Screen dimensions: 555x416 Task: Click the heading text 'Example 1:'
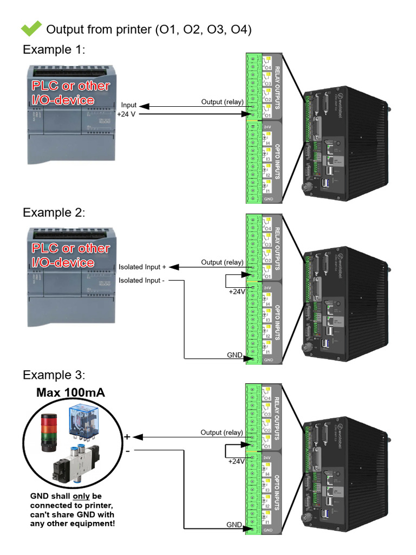54,50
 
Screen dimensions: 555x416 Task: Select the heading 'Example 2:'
54,212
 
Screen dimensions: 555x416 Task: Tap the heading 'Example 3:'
54,375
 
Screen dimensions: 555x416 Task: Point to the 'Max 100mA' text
70,392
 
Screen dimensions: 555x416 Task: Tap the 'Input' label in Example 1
129,105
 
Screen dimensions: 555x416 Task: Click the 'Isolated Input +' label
142,267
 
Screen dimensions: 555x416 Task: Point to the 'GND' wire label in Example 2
235,354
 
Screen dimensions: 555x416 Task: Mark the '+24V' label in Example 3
237,461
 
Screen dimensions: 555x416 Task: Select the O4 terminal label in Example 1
268,68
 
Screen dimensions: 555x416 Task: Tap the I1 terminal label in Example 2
268,352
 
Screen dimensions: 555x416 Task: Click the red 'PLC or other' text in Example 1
70,86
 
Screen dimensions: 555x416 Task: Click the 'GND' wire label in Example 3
234,525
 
